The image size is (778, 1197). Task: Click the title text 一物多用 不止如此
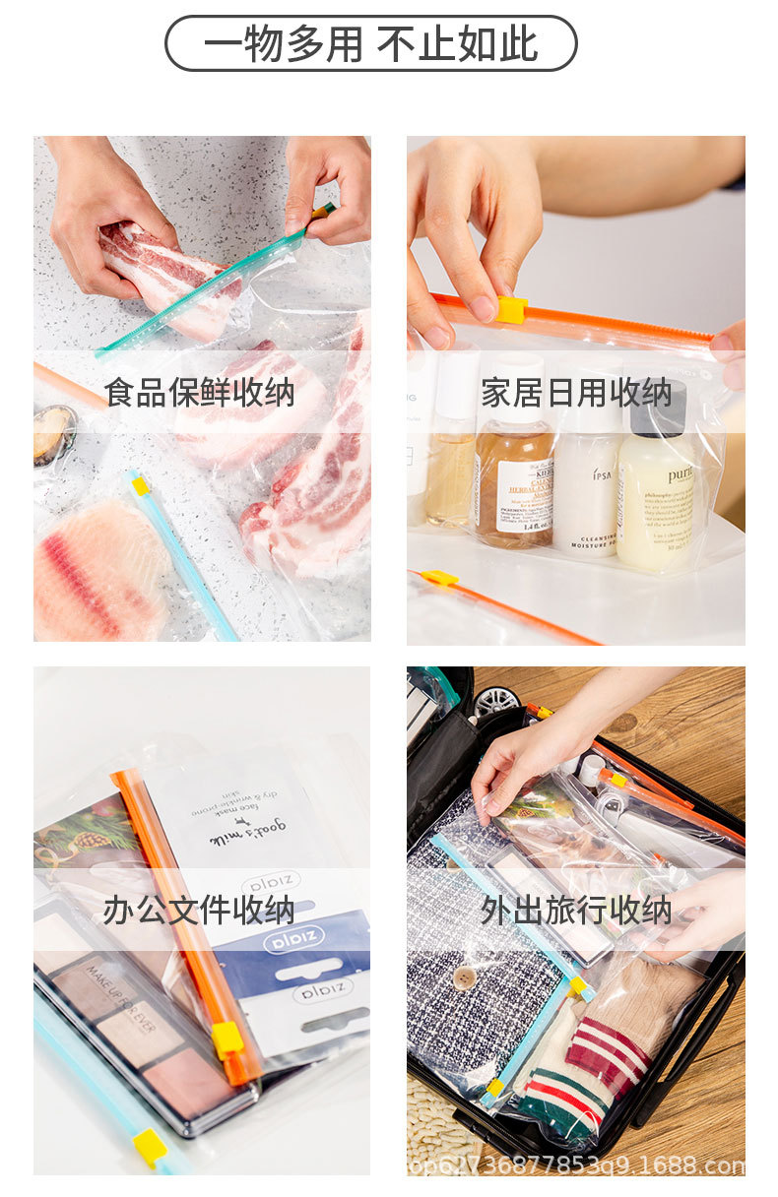(370, 44)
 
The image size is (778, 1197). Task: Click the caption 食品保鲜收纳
(199, 392)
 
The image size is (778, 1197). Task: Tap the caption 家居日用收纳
(576, 392)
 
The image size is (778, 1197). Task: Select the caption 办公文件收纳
(199, 910)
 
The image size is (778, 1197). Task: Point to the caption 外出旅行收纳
(576, 910)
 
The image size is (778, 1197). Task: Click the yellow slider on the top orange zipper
(511, 309)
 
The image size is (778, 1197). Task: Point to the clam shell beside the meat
(53, 433)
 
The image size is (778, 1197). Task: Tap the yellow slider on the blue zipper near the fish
(141, 485)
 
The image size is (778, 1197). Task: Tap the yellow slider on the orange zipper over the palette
(227, 1039)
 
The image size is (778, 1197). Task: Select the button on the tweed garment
(464, 976)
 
